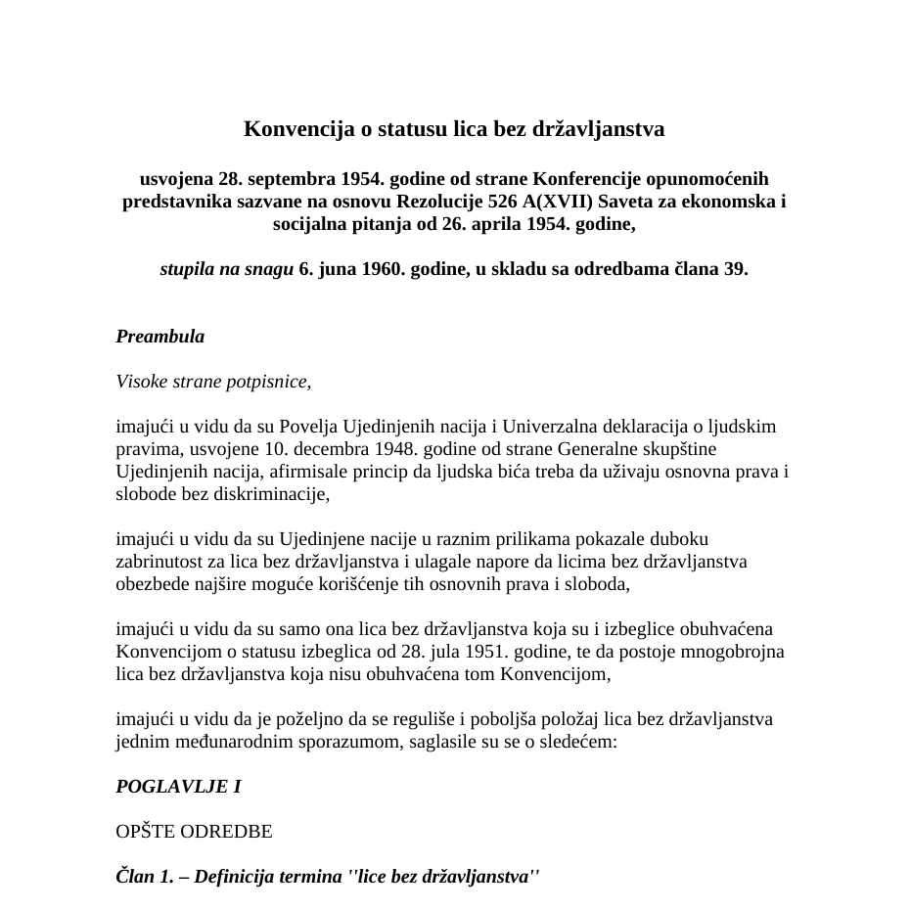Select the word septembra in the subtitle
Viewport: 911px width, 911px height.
tap(292, 179)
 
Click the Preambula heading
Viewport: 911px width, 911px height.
tap(160, 337)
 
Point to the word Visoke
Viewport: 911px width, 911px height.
tap(141, 382)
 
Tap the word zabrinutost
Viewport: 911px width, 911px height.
tap(159, 563)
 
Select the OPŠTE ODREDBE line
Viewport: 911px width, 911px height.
tap(194, 833)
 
